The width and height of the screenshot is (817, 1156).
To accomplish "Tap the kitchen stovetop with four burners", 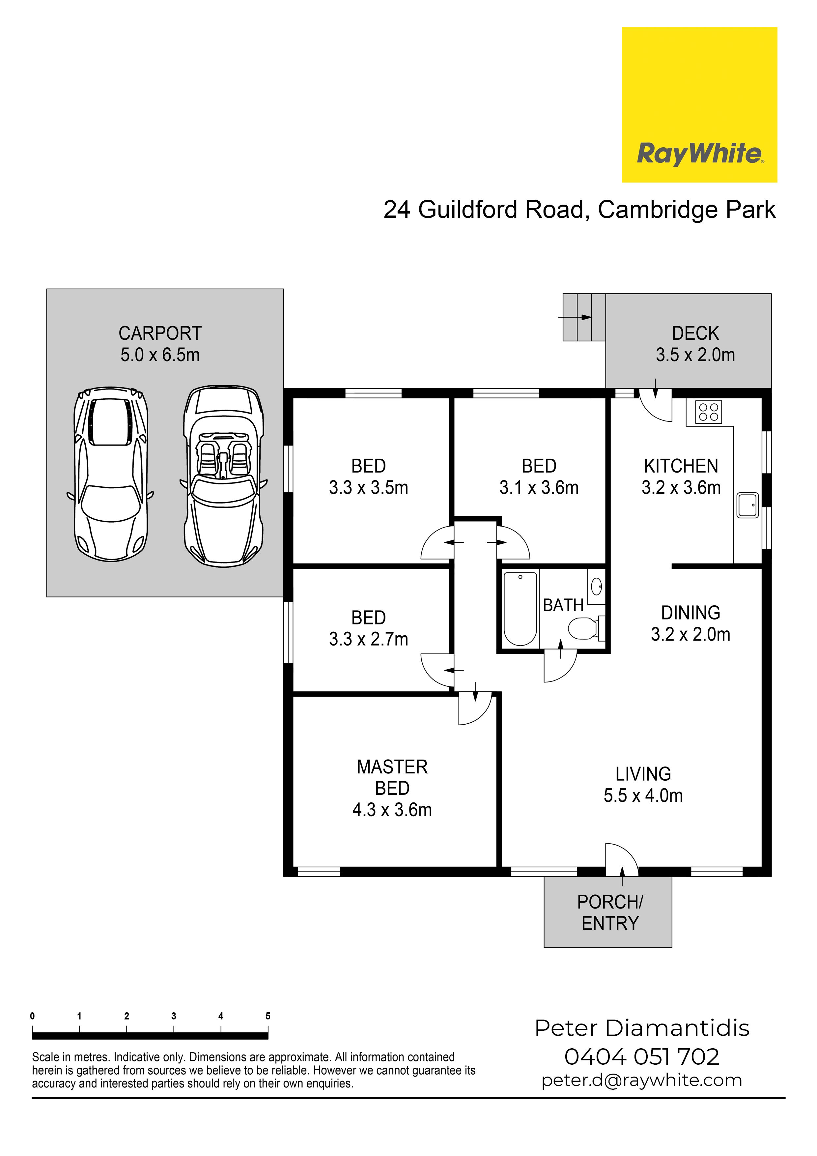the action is click(x=708, y=412).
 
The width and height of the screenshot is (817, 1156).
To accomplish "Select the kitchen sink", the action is click(x=747, y=505).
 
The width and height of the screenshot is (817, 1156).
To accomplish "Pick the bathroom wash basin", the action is click(x=597, y=587).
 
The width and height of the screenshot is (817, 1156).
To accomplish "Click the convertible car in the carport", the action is click(x=223, y=476).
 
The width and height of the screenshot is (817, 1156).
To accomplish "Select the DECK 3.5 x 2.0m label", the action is click(x=695, y=344).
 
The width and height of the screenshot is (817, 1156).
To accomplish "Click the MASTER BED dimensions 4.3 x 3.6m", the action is click(x=392, y=810).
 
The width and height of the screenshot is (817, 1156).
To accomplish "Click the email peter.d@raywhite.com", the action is click(x=642, y=1081).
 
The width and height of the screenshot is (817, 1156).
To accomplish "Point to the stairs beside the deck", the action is click(x=584, y=317).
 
